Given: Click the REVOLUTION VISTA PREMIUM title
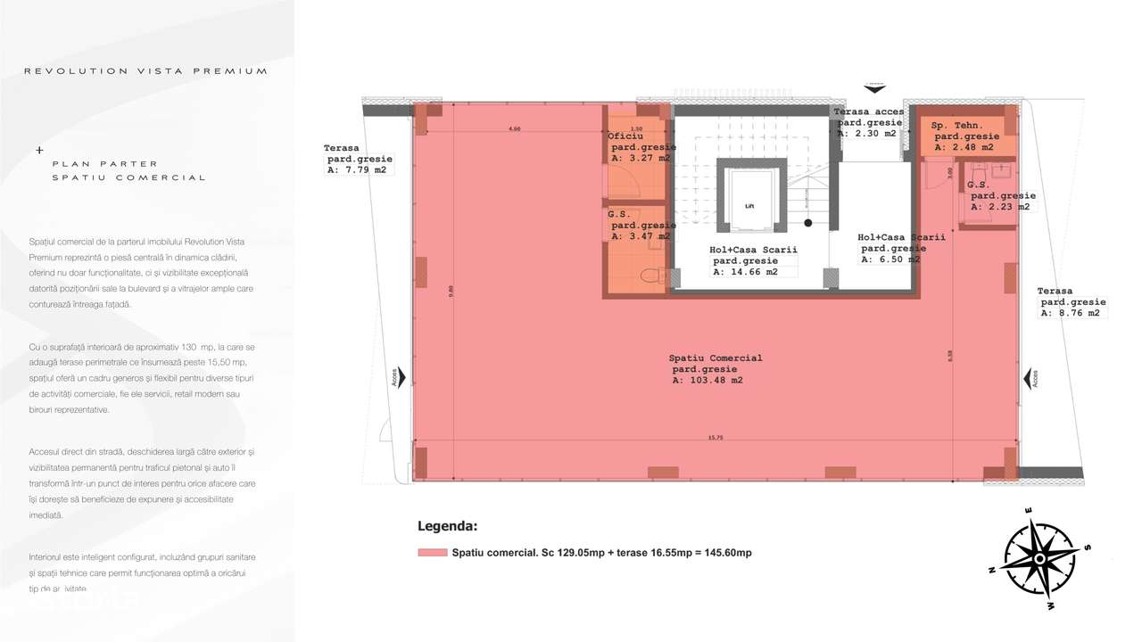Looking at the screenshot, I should coord(145,70).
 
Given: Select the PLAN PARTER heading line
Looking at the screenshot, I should coord(104,164).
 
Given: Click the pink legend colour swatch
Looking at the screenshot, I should coord(432,553).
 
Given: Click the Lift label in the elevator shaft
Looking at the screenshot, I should coord(749,205).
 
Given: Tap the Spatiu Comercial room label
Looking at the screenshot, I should coord(716,358).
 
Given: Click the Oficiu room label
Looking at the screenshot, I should coord(625,136).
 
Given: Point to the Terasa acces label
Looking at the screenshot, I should coord(869,111).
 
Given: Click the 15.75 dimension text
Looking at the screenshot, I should coord(716,438).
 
